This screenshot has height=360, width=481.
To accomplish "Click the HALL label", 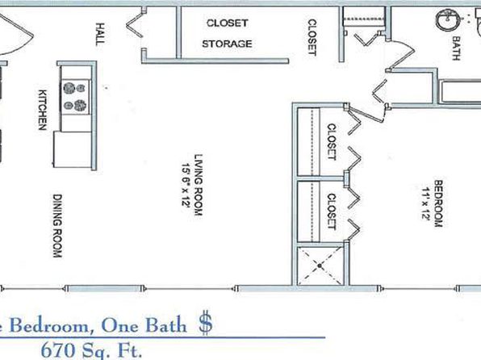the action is (100, 34).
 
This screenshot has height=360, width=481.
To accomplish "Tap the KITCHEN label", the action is (43, 110).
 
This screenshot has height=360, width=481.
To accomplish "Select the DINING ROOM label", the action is (57, 225).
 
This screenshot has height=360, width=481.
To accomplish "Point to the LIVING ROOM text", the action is (199, 185).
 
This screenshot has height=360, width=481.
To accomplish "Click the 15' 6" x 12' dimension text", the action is (186, 185).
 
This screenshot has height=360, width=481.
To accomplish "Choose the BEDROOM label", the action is (438, 203).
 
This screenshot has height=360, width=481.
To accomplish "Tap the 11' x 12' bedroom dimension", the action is (425, 203).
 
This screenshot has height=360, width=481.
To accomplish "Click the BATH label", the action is (456, 48).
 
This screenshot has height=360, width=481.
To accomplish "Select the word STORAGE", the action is (227, 44).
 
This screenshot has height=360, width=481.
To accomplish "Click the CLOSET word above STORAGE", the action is (227, 23).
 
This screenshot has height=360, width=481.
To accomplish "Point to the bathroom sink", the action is (448, 19).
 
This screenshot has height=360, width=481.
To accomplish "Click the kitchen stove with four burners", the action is (76, 97).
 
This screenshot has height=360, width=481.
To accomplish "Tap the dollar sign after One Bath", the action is (205, 323).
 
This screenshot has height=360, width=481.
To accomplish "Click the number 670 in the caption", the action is (58, 350).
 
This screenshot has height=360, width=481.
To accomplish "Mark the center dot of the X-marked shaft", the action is (320, 266).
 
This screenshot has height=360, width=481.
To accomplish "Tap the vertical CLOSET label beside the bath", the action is (312, 37).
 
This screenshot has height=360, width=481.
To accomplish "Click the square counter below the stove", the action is (73, 149).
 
